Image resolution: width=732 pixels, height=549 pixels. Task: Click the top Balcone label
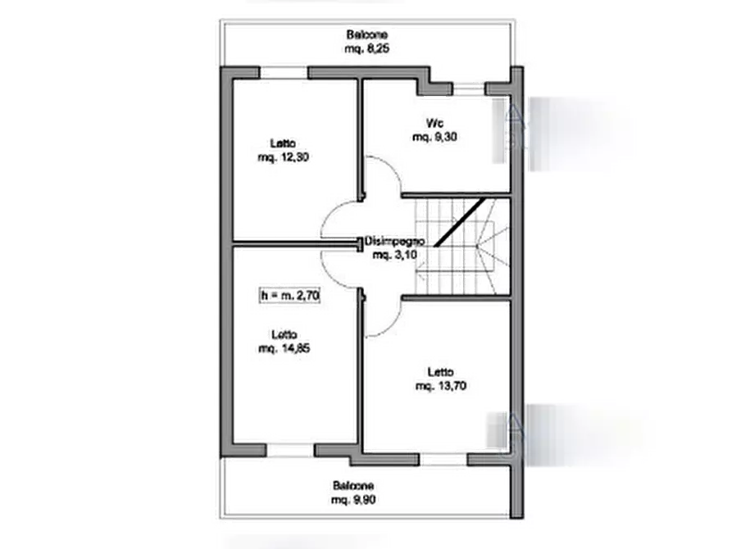click(x=366, y=35)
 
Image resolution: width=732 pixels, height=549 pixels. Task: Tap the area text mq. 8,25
click(x=366, y=48)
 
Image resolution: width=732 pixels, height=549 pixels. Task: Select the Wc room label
click(x=434, y=124)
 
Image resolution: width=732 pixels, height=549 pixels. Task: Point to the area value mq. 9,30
click(x=434, y=137)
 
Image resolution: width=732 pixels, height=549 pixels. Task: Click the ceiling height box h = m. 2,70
click(x=289, y=295)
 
